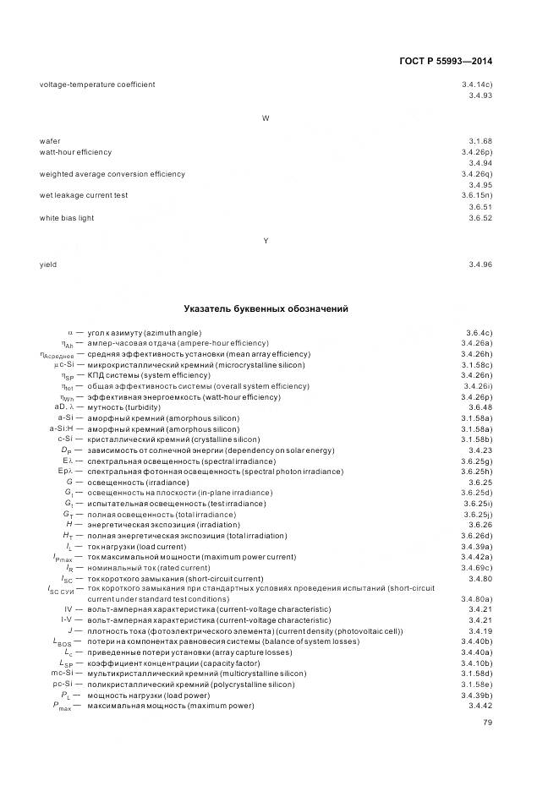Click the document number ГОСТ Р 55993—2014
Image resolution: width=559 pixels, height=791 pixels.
coord(445,62)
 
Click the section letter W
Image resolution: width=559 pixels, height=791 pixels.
coord(266,118)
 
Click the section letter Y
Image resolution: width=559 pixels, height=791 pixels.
coord(266,242)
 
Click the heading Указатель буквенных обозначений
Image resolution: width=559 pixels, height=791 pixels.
coord(266,309)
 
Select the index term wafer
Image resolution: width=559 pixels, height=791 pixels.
coord(50,140)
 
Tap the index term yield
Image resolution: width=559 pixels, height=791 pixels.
coord(48,265)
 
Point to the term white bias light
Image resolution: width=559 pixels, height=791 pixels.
coord(67,218)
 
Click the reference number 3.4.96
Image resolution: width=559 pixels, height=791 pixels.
coord(480,265)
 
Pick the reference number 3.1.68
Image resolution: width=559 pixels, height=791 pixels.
coord(480,140)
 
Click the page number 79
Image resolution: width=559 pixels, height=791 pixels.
coord(487,723)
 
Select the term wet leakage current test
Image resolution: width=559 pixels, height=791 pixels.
coord(84,195)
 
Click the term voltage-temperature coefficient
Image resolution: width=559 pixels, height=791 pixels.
coord(97,85)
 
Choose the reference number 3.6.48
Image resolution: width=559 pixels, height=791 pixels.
coord(480,407)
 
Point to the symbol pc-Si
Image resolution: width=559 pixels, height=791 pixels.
coord(62,684)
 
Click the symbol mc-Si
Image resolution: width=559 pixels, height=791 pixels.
coord(62,674)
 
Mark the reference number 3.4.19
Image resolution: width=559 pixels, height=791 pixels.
coord(480,631)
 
